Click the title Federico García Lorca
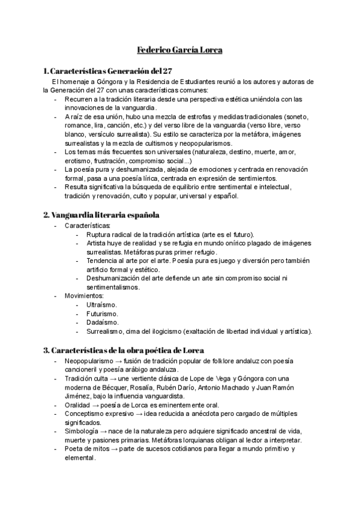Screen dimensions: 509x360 click(x=180, y=50)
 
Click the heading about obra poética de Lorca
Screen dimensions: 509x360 click(x=124, y=349)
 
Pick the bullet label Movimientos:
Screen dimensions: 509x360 click(x=84, y=296)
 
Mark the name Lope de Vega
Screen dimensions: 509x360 click(x=213, y=378)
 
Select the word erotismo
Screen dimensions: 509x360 click(x=82, y=161)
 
